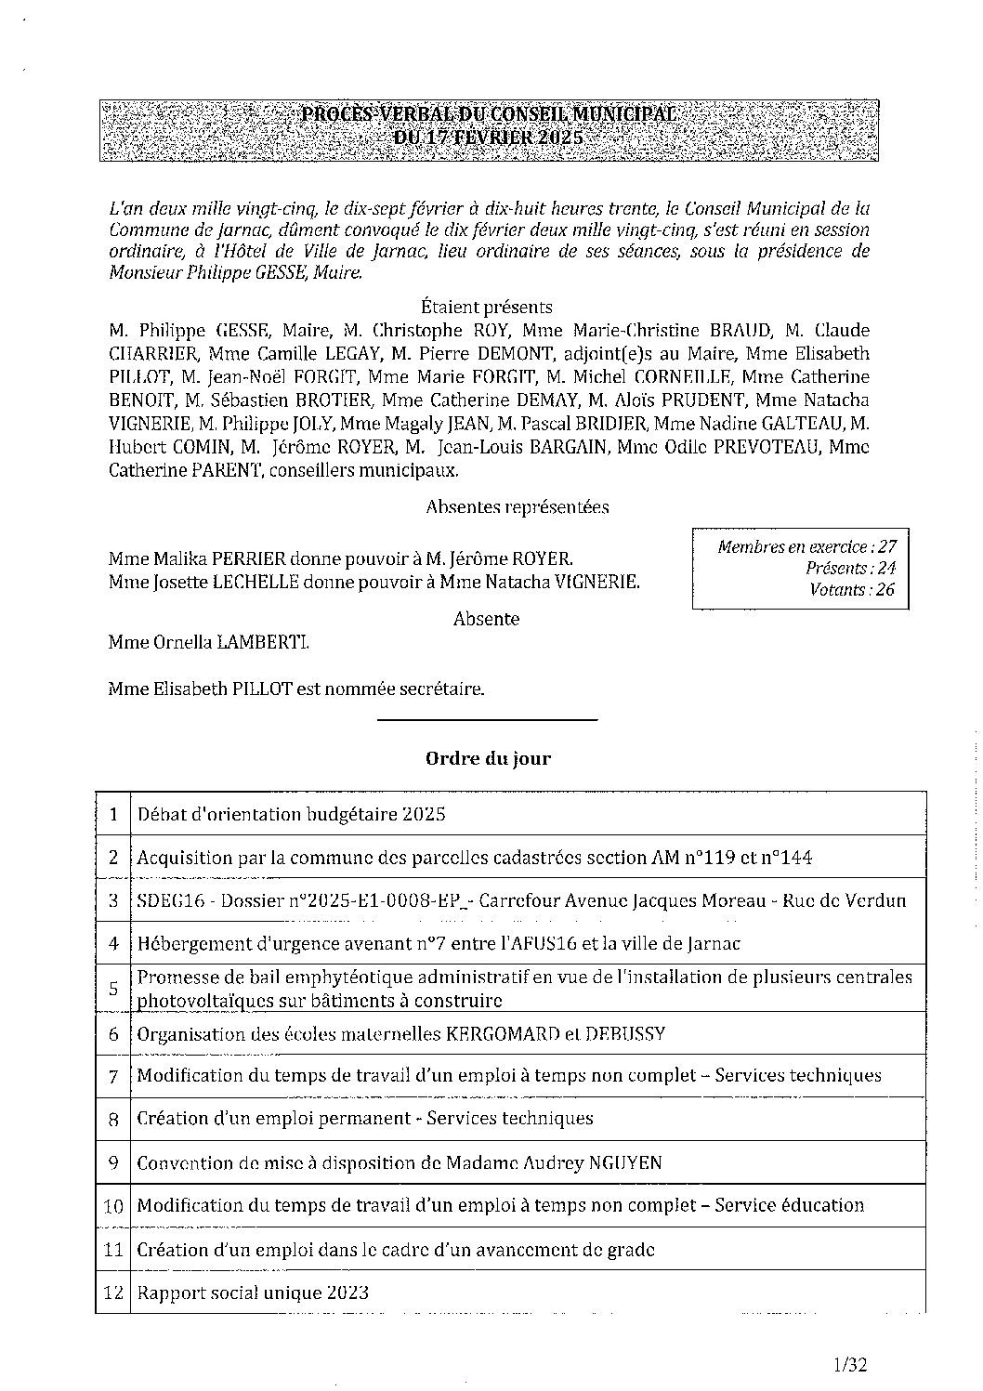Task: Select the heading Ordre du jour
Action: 488,758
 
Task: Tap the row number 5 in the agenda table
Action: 113,988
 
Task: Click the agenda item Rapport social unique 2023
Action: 253,1293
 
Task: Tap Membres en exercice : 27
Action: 806,547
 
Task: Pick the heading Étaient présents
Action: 486,307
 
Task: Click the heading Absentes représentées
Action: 517,507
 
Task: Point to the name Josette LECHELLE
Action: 216,583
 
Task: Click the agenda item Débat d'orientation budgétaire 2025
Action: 291,815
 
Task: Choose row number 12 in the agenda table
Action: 113,1293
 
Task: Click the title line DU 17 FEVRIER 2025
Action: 487,136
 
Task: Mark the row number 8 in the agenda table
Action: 113,1119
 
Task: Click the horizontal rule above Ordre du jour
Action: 487,719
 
